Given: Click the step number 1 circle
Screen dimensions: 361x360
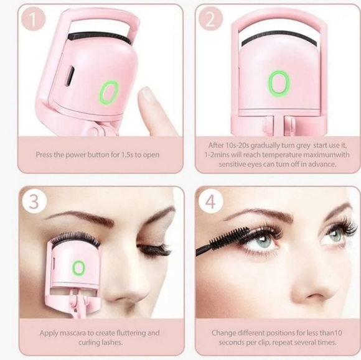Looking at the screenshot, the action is tap(34, 19).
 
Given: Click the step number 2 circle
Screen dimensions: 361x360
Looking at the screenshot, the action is tap(210, 19).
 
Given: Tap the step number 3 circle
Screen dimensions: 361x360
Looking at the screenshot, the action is tap(34, 201).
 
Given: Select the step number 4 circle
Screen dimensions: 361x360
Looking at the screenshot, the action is tap(210, 201).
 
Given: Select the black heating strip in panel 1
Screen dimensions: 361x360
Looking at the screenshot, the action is tap(99, 37).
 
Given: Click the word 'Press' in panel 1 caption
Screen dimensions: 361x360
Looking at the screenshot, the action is tap(44, 155).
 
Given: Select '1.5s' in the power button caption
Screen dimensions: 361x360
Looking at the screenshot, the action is tap(127, 155).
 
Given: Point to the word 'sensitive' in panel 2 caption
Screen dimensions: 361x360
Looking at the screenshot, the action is tap(232, 164).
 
